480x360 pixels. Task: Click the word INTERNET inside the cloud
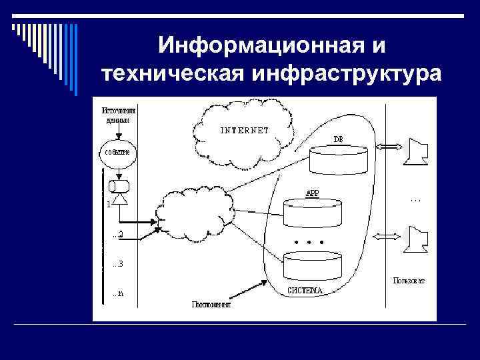pos(245,130)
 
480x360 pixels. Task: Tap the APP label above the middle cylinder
pos(312,193)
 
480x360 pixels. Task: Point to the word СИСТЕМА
pos(305,290)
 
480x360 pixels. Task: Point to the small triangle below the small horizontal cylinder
pos(120,198)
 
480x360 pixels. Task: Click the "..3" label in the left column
pos(117,263)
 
